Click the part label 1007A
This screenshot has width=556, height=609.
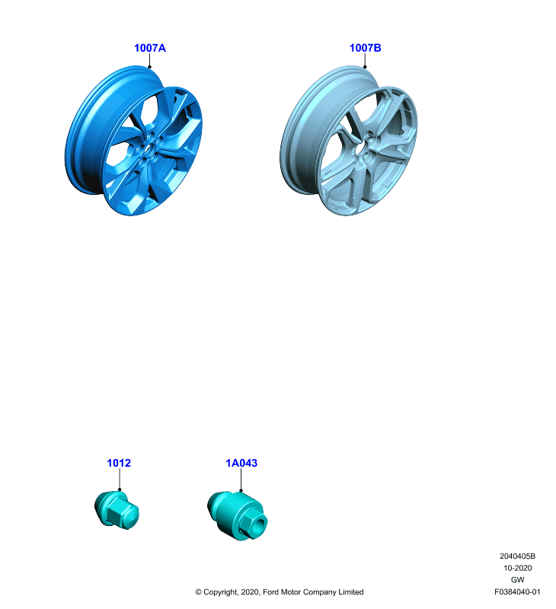(150, 48)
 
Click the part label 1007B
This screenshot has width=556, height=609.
(366, 48)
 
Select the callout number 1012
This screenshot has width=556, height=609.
(119, 463)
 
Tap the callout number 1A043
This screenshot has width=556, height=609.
(241, 463)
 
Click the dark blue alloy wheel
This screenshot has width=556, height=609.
(133, 141)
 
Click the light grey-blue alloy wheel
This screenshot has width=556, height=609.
(349, 141)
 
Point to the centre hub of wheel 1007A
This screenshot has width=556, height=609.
(148, 148)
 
